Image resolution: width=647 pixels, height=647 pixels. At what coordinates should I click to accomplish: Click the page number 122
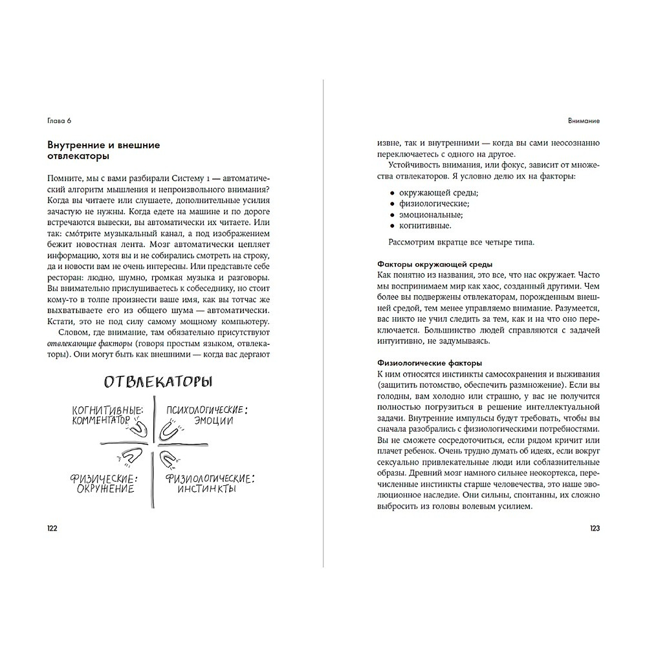click(52, 529)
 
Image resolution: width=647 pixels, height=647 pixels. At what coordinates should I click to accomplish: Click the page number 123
click(595, 529)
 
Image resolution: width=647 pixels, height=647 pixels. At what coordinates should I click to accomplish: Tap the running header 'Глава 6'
click(59, 121)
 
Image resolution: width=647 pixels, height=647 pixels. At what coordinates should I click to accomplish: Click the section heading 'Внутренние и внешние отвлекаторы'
click(104, 151)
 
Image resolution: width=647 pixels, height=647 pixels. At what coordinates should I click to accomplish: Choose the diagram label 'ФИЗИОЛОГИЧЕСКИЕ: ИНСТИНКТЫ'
click(210, 484)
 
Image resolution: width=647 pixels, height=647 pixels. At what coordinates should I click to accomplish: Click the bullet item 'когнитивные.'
click(425, 226)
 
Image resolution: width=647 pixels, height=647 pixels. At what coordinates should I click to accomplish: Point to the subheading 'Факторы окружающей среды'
click(434, 264)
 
